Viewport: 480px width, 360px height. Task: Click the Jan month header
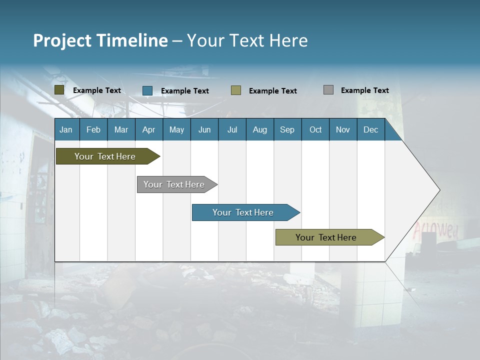pos(66,129)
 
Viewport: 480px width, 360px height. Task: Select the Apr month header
pos(149,129)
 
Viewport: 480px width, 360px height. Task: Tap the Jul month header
pos(232,129)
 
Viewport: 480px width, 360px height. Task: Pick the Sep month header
pos(287,129)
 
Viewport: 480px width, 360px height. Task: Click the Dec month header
pos(370,129)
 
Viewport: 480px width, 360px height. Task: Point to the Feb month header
pos(93,129)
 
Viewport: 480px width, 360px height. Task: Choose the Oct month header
pos(315,129)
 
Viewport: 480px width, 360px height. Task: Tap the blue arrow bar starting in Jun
pos(243,212)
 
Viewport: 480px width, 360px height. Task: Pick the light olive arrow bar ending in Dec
pos(327,237)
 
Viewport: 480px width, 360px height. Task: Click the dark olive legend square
pos(59,90)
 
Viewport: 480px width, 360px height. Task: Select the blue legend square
pos(147,90)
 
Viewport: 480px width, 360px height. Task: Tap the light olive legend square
pos(236,90)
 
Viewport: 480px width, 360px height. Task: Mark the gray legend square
pos(328,90)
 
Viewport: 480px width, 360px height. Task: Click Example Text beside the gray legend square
pos(364,90)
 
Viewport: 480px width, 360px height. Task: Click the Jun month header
pos(204,129)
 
